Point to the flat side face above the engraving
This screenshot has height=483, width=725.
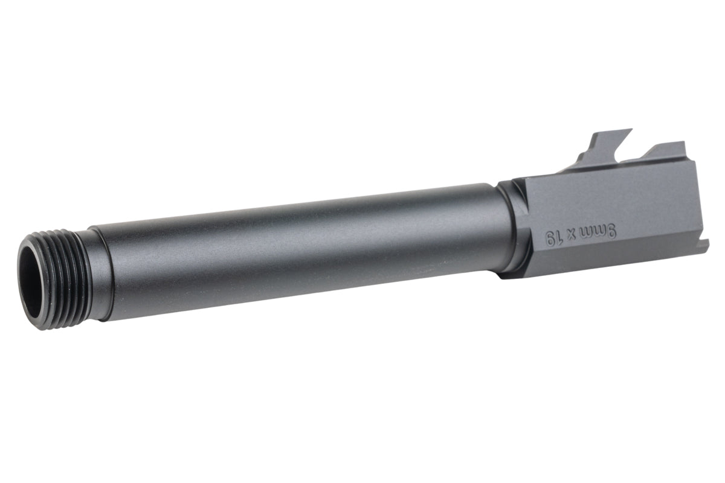point(604,193)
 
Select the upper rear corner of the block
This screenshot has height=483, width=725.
point(686,158)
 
